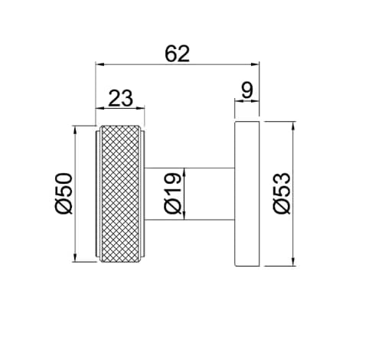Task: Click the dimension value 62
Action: coord(178,54)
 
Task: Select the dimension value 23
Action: coord(121,98)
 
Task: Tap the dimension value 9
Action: coord(247,90)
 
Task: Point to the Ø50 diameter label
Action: coord(64,194)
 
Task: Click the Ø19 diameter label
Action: coord(173,193)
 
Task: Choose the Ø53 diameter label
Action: coord(282,193)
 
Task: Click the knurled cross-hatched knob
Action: coord(120,194)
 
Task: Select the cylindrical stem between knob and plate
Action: coord(189,194)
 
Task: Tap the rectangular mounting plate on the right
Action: coord(247,194)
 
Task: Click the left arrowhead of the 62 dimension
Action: coord(100,64)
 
